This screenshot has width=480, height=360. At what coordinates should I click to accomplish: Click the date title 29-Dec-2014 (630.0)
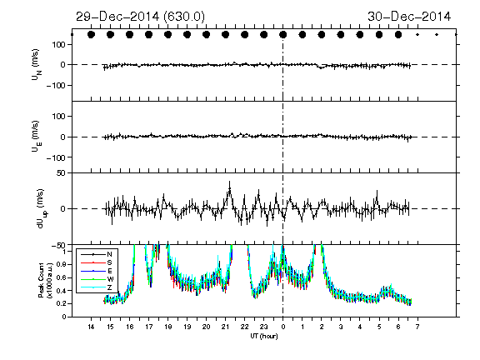click(x=140, y=17)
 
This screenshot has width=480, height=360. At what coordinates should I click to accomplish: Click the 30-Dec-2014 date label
click(x=409, y=17)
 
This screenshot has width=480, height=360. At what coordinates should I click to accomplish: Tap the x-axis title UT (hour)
click(x=264, y=336)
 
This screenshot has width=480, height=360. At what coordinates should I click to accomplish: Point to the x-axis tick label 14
click(x=91, y=327)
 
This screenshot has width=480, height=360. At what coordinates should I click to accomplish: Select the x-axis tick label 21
click(x=225, y=327)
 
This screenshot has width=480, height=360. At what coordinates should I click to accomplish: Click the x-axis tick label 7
click(x=417, y=327)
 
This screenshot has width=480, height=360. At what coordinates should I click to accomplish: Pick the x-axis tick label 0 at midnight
click(x=283, y=327)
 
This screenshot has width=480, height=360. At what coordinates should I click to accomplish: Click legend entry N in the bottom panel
click(x=110, y=254)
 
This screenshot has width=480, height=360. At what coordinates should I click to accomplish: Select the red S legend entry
click(x=110, y=262)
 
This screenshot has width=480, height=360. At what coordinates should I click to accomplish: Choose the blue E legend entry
click(x=110, y=271)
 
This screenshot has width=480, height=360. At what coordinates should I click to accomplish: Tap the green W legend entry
click(x=110, y=279)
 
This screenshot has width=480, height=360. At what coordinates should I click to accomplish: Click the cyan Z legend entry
click(x=110, y=287)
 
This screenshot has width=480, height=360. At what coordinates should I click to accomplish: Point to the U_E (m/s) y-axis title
click(x=36, y=137)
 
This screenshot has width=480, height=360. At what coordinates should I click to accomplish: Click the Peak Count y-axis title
click(x=44, y=281)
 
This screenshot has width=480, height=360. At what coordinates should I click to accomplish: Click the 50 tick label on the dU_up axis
click(x=61, y=173)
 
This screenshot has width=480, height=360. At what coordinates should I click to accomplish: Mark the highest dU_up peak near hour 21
click(x=229, y=181)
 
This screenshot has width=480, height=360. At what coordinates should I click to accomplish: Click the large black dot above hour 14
click(x=91, y=35)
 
